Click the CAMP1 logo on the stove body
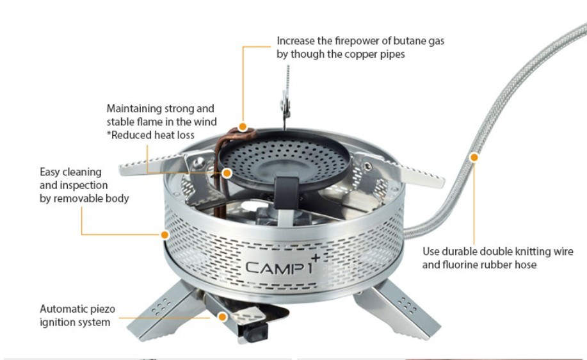[279, 267]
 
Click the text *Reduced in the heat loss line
[129, 135]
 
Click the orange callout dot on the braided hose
[474, 156]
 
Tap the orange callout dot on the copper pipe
[243, 126]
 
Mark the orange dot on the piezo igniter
[222, 316]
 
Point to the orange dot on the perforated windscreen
[165, 234]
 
